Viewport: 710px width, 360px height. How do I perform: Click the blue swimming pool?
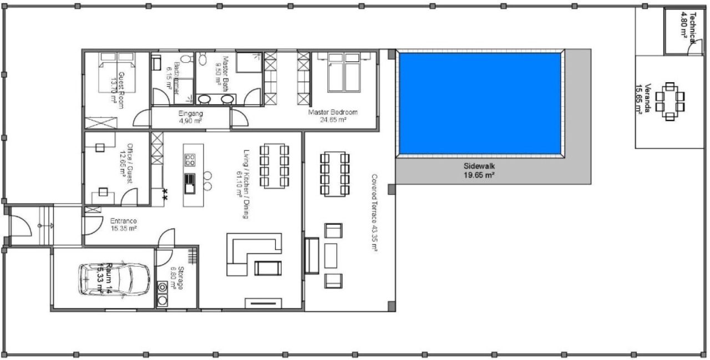[480, 104]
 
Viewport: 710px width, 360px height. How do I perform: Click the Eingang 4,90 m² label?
[190, 117]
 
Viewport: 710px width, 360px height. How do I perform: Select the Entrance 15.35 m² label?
[123, 224]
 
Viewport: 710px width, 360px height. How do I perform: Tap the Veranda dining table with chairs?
[670, 102]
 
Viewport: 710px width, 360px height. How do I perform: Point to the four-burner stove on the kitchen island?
[190, 160]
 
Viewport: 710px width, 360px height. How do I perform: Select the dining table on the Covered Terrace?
[334, 173]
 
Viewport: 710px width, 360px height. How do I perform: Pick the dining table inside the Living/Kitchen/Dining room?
[275, 166]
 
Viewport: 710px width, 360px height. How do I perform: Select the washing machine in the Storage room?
[163, 288]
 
